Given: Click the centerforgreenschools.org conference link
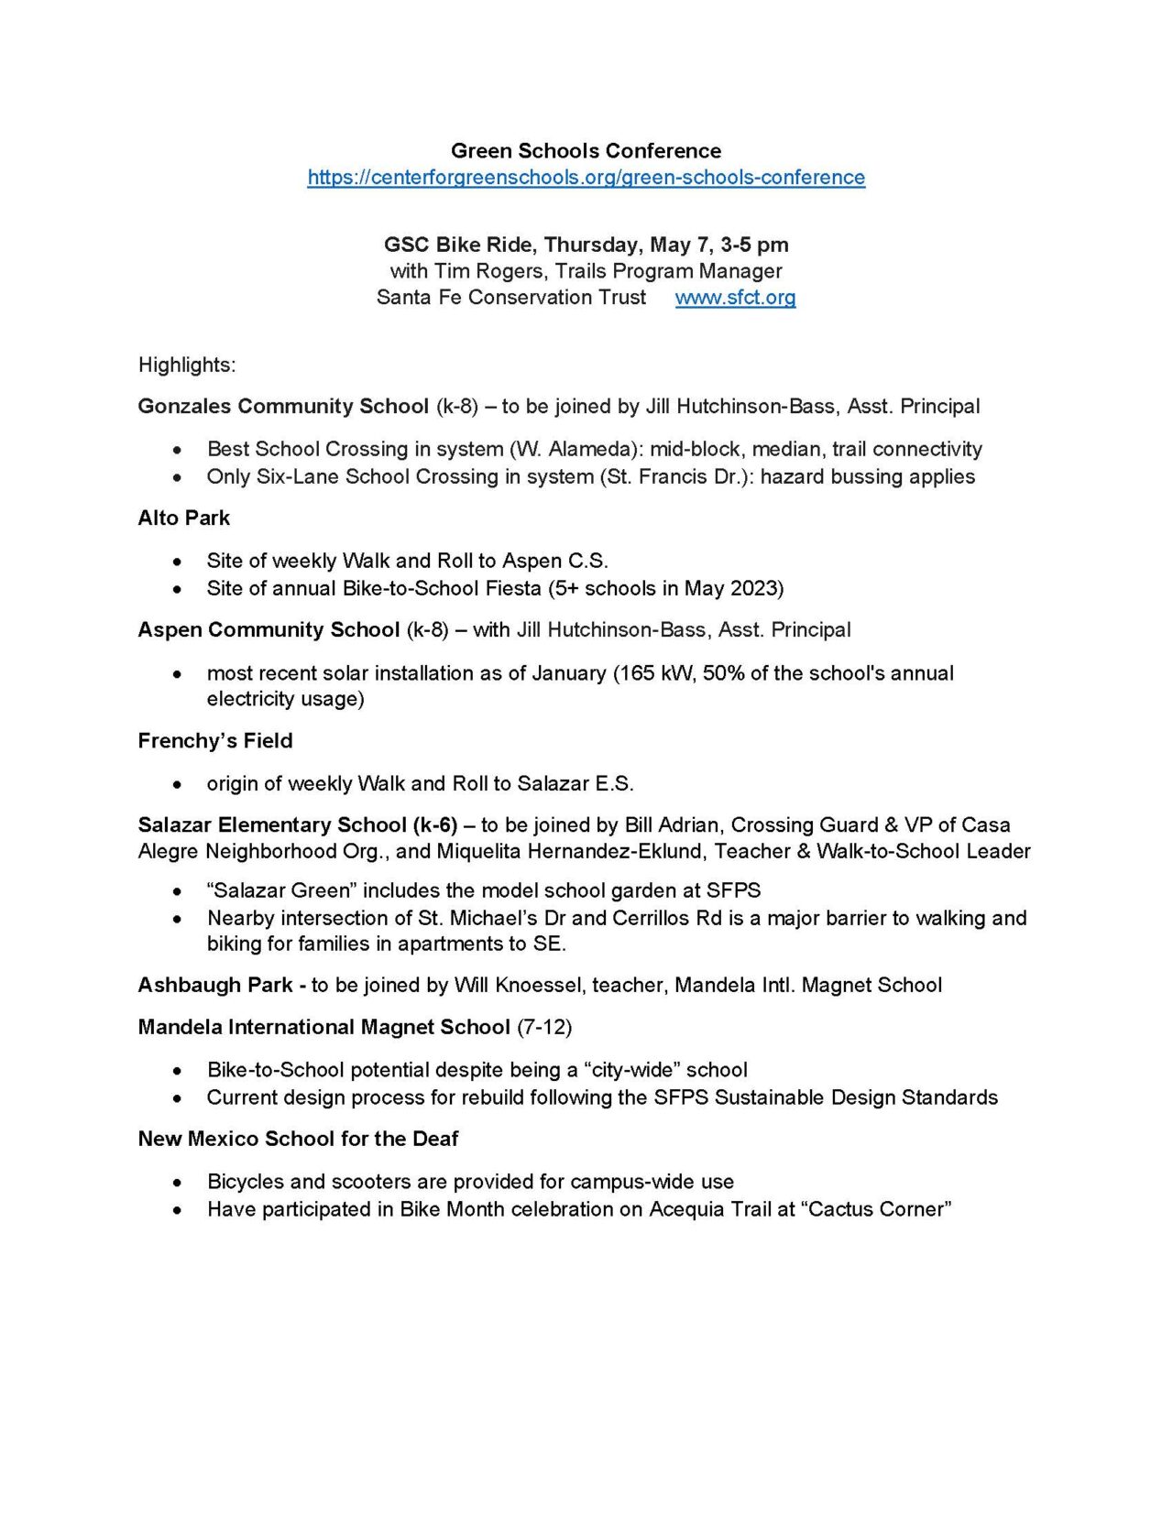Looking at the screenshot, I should pyautogui.click(x=586, y=178).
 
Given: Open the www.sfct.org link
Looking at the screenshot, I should pyautogui.click(x=735, y=298).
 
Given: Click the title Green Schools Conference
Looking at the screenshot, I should pyautogui.click(x=586, y=151).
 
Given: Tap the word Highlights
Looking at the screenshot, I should pyautogui.click(x=186, y=365).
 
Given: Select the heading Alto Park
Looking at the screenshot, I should pyautogui.click(x=183, y=518).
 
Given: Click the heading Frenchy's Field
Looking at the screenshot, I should pyautogui.click(x=215, y=741).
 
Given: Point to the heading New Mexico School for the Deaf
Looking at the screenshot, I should pyautogui.click(x=298, y=1139).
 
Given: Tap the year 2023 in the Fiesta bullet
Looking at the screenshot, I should pyautogui.click(x=751, y=588).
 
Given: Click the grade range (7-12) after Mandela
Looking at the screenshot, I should pyautogui.click(x=544, y=1027).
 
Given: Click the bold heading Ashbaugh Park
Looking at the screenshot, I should pyautogui.click(x=215, y=986).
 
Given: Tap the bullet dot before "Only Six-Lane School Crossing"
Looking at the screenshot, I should pyautogui.click(x=177, y=477).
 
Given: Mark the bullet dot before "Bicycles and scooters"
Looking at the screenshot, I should pyautogui.click(x=177, y=1183).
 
